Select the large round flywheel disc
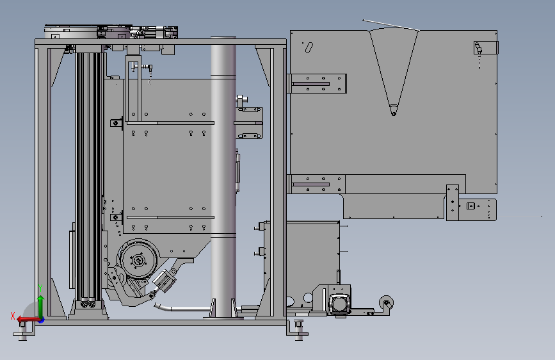(137, 261)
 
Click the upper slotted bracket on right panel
(318, 83)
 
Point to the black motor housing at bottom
(339, 302)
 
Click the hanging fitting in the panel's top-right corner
(478, 49)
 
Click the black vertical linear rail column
(89, 173)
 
